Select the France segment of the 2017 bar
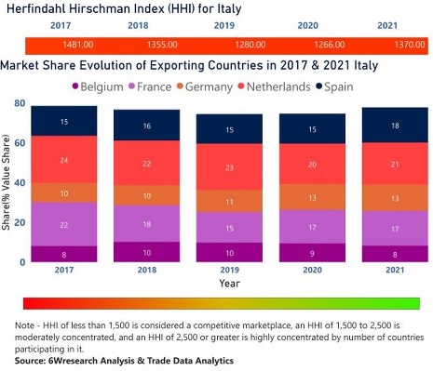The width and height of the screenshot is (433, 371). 64,225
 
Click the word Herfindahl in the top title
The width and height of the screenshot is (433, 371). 40,9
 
